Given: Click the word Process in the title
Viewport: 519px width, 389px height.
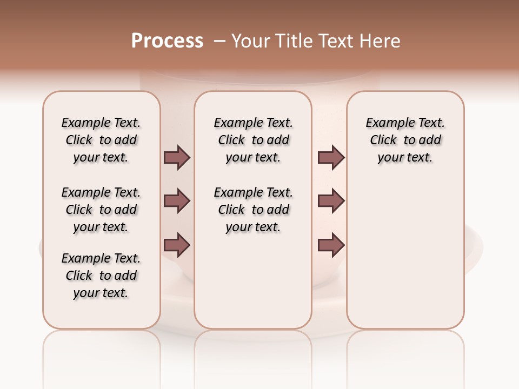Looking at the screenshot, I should click(167, 41).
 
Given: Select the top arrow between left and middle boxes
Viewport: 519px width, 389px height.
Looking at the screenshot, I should click(177, 158).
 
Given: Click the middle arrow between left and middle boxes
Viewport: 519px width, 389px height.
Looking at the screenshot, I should click(177, 201).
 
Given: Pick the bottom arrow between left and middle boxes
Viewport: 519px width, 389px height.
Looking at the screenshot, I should click(177, 245).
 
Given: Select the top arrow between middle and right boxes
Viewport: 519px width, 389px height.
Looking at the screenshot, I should click(331, 158).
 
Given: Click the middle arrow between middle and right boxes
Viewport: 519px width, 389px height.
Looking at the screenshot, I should click(331, 201).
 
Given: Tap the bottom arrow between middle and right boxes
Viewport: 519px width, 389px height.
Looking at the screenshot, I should click(331, 245).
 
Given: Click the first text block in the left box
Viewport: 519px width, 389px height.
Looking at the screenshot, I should click(101, 140).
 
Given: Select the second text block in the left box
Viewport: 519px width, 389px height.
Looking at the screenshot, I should click(101, 210).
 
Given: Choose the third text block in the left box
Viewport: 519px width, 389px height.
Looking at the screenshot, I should click(101, 276).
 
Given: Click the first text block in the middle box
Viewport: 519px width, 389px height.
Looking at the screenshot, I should click(253, 140).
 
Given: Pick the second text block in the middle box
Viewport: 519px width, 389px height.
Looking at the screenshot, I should click(253, 210).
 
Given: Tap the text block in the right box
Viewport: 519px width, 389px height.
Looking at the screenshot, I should click(405, 140).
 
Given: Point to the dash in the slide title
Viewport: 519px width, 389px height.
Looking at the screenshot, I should click(219, 41).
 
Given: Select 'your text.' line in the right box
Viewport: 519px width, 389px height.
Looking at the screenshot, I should click(405, 158).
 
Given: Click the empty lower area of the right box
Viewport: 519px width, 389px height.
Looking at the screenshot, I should click(405, 259).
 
